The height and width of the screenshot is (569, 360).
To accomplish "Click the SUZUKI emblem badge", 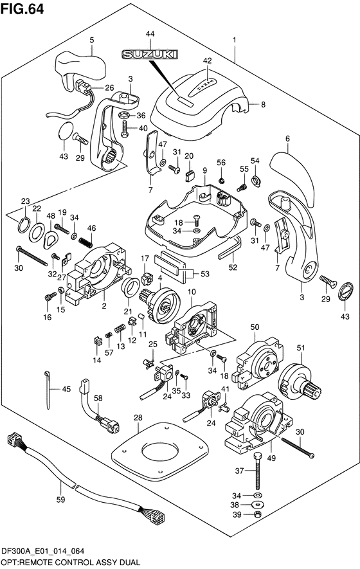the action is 150,55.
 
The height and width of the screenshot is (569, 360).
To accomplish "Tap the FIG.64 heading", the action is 22,9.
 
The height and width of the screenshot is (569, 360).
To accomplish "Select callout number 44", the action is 150,33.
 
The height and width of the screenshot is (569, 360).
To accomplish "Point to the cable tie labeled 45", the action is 48,390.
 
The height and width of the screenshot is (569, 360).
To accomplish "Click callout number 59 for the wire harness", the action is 60,500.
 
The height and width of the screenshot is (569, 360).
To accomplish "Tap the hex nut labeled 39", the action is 258,514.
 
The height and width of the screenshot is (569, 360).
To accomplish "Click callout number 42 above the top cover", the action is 207,61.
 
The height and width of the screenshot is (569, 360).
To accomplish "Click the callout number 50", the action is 255,327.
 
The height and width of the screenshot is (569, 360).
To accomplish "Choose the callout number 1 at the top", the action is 235,40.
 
